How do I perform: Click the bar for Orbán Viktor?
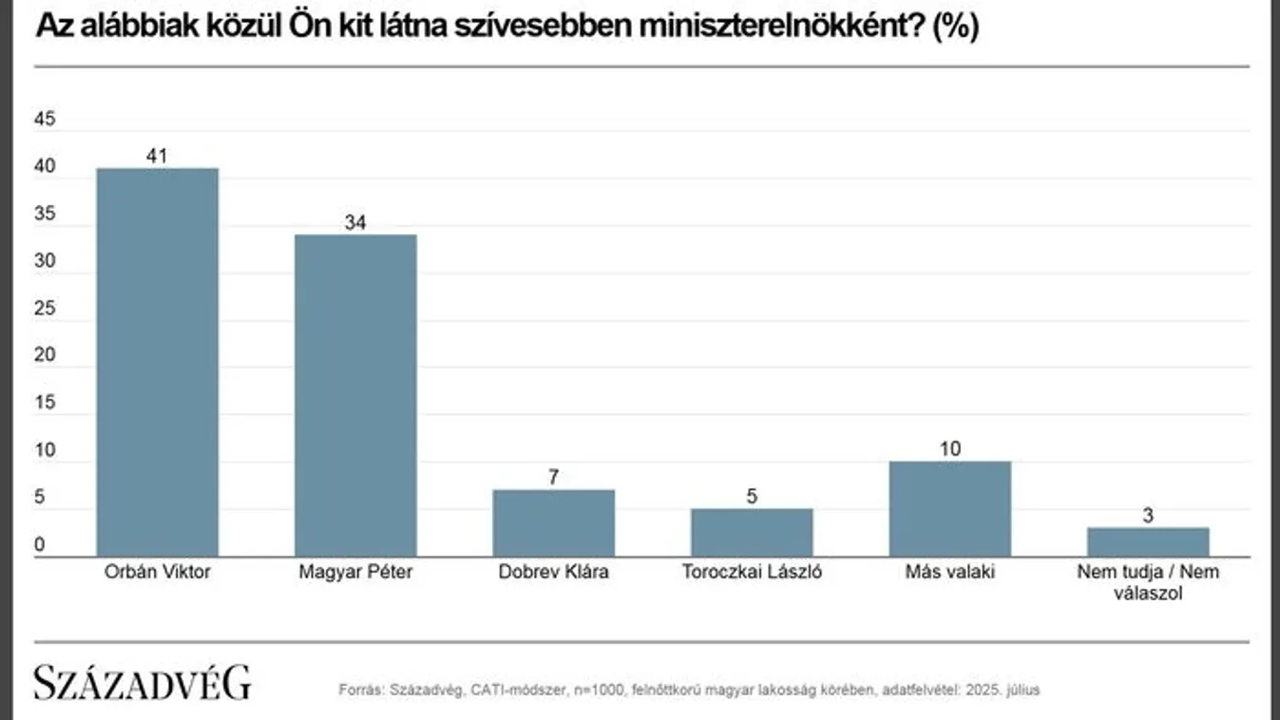158,362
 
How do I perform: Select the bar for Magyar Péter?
355,395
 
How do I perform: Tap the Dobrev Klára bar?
553,522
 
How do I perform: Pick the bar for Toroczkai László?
752,532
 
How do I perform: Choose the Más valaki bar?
949,508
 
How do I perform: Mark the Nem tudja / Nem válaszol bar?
1147,541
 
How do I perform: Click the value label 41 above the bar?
158,156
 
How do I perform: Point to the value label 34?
355,222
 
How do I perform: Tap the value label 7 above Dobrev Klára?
553,477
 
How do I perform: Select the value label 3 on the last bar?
1147,515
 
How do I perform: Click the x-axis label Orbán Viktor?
158,573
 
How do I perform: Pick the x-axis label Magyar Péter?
355,573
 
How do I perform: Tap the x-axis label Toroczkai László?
752,573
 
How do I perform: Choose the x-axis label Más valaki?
949,573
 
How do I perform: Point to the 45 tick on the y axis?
46,120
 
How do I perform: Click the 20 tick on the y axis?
46,356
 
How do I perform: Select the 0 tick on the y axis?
40,545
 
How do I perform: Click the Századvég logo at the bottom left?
143,683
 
